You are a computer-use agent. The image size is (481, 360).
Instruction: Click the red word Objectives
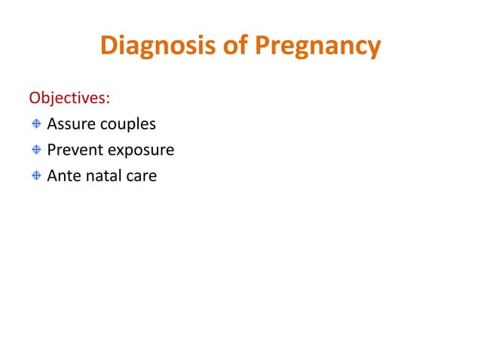point(69,99)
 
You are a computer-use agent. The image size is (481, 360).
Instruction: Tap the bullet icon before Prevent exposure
point(36,151)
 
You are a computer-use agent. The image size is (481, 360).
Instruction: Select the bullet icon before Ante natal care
point(36,177)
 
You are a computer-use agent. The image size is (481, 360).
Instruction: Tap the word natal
point(105,177)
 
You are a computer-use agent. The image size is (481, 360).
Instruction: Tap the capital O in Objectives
point(34,99)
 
